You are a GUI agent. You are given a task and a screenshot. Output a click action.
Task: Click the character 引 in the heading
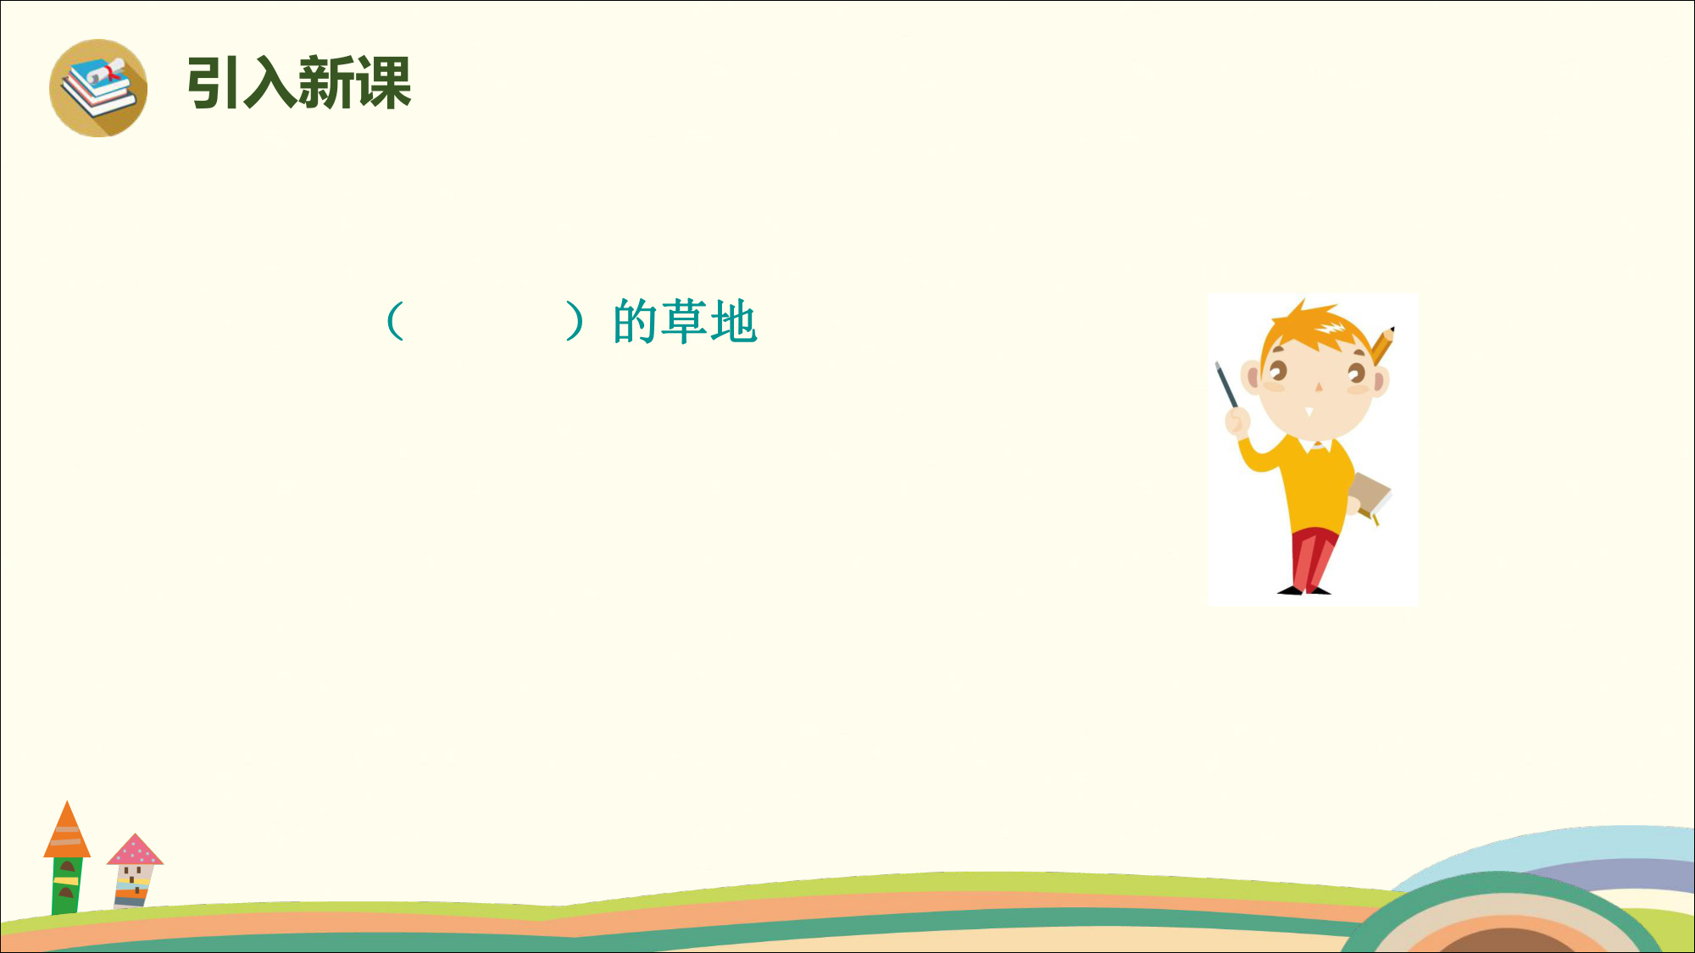(214, 83)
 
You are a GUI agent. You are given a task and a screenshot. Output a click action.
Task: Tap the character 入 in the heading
(270, 83)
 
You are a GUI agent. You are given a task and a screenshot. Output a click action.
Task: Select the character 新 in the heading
(326, 83)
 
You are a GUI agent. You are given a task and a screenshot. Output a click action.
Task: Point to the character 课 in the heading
(383, 83)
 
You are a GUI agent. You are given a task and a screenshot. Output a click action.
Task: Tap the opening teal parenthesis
(394, 321)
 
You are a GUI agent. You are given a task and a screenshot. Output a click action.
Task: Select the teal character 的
(636, 321)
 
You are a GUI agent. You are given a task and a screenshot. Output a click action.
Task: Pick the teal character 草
(685, 321)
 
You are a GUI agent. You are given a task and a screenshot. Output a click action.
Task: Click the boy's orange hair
(1314, 326)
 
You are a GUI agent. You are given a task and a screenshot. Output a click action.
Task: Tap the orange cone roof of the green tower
(67, 829)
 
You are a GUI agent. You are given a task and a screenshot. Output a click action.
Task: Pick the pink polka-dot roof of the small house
(135, 850)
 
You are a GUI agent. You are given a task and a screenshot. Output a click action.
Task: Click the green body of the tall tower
(67, 885)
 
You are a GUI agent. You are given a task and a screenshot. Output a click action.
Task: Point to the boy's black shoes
(1304, 590)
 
